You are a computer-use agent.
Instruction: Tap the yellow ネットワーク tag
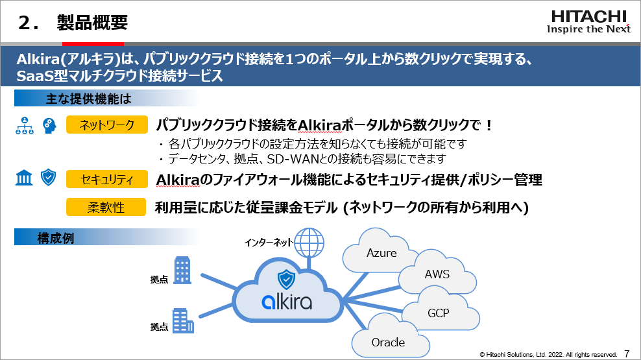coord(106,125)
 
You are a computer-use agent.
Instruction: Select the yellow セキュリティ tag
coord(106,179)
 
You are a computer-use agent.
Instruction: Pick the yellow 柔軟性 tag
coord(106,208)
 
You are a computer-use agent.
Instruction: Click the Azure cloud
coord(381,254)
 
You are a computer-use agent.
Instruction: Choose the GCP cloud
coord(439,313)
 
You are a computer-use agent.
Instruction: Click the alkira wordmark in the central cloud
coord(287,302)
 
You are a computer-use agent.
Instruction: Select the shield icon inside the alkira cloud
coord(286,280)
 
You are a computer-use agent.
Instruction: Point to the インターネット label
coord(268,243)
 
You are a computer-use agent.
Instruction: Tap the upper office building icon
coord(182,268)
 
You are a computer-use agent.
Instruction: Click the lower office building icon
coord(182,320)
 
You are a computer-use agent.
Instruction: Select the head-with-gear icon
coord(49,125)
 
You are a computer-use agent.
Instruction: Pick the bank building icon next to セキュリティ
coord(24,178)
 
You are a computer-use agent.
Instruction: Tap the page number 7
coord(627,354)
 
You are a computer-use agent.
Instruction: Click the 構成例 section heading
coord(55,238)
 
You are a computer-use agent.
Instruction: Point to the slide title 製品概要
coord(92,23)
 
